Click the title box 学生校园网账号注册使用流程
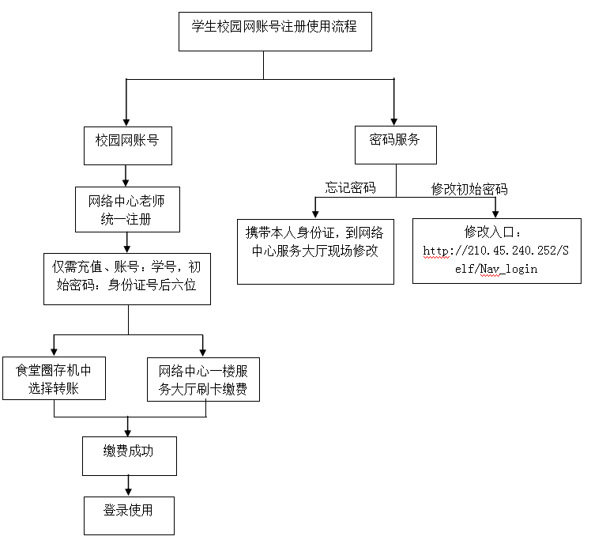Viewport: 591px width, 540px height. point(274,32)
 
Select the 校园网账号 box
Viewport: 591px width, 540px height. point(127,145)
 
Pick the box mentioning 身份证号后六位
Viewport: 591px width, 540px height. point(127,278)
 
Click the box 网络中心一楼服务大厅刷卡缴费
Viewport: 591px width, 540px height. point(203,379)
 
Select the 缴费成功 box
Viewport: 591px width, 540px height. point(129,455)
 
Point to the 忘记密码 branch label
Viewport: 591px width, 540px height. point(350,188)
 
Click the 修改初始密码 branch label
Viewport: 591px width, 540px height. point(469,189)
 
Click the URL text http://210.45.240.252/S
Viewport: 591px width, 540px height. point(496,251)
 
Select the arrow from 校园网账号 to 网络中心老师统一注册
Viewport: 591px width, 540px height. point(126,176)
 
